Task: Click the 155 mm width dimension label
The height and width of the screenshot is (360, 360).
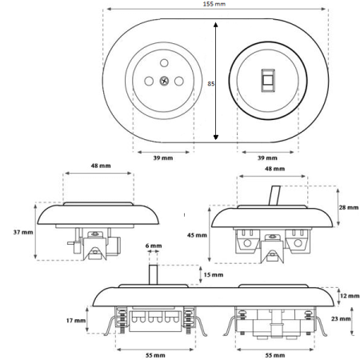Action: (214, 4)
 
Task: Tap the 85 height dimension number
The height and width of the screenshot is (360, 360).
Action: (211, 84)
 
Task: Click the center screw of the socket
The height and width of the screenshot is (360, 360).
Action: (164, 81)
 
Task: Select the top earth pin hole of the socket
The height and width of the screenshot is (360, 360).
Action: (164, 63)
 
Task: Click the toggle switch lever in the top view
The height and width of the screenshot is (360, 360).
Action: (268, 80)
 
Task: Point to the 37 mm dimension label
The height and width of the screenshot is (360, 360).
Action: (23, 232)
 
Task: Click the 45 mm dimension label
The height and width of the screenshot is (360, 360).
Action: (197, 235)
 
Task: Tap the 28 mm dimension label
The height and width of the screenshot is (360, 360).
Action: (349, 207)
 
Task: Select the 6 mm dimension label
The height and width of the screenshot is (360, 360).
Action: (154, 246)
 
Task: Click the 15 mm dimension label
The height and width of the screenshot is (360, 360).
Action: (214, 274)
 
